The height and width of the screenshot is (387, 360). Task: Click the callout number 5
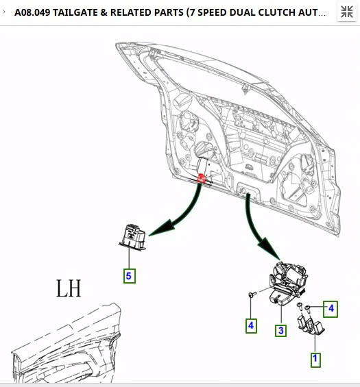coord(130,276)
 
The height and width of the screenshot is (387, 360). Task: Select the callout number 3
coord(280,331)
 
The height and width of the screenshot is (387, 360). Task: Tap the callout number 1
coord(315,358)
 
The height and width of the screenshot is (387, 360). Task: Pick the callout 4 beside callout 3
coord(252,326)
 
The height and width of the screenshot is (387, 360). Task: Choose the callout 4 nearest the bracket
coord(331,309)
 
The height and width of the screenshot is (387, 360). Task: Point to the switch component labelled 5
coord(132,235)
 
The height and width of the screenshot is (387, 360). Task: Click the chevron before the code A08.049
coord(5,12)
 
